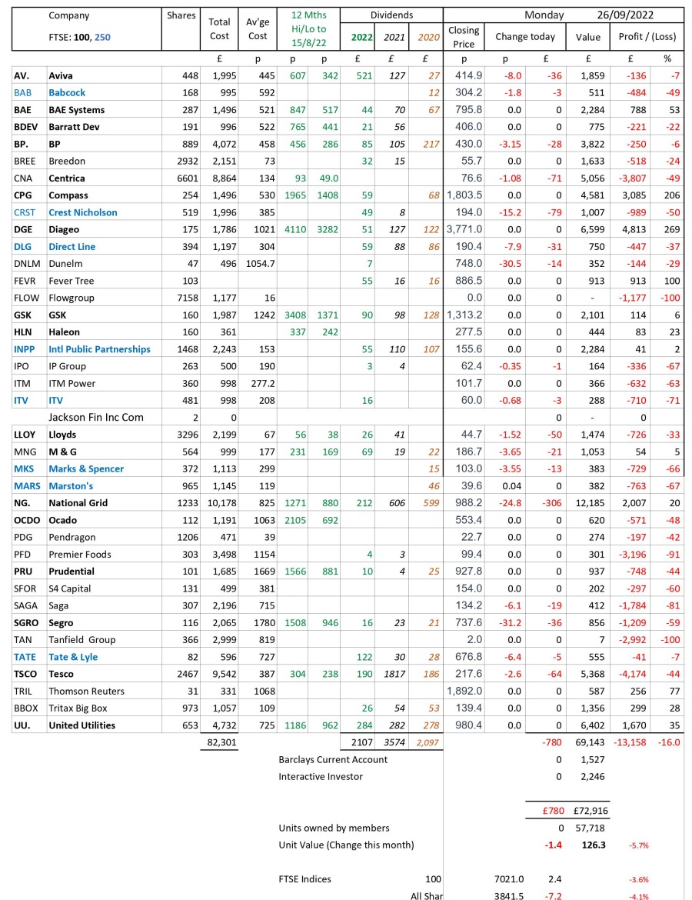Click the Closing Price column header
pyautogui.click(x=464, y=36)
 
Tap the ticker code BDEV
pyautogui.click(x=26, y=127)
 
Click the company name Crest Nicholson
pyautogui.click(x=84, y=212)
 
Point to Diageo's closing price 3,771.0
pyautogui.click(x=461, y=229)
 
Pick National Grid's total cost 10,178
pyautogui.click(x=220, y=502)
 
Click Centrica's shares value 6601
pyautogui.click(x=185, y=178)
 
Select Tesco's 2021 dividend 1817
pyautogui.click(x=392, y=673)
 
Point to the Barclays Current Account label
pyautogui.click(x=333, y=759)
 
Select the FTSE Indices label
pyautogui.click(x=308, y=878)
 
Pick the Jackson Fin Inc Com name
pyautogui.click(x=97, y=417)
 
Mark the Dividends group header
pyautogui.click(x=391, y=15)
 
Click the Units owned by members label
pyautogui.click(x=334, y=828)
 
